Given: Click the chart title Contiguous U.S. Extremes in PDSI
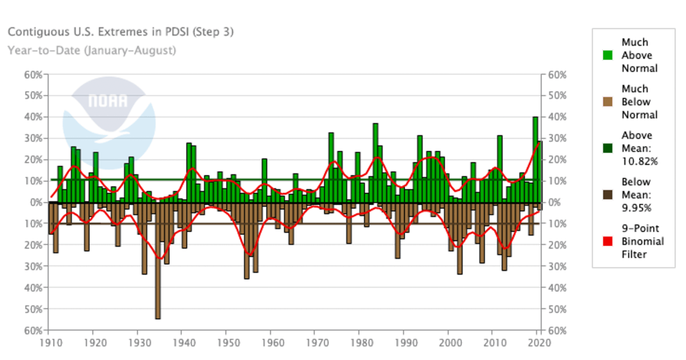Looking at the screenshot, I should (120, 32).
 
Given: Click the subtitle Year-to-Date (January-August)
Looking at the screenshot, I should (92, 50).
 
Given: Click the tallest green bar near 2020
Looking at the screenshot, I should (535, 159).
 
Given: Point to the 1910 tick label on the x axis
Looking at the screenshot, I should (48, 343).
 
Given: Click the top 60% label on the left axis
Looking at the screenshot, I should (33, 74).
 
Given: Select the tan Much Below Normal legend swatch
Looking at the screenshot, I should (608, 102).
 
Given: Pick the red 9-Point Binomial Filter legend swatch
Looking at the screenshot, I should (608, 241).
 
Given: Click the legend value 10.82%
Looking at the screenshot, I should (638, 162).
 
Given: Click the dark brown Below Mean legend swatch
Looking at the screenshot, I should (608, 194).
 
